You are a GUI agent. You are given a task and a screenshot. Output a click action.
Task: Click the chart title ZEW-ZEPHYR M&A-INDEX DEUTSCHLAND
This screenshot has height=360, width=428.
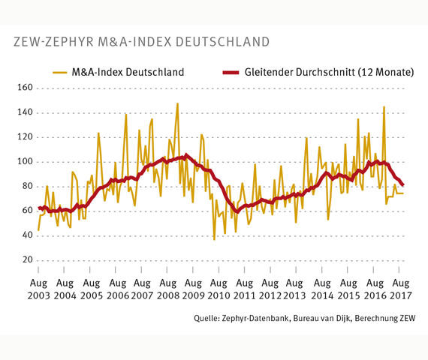pos(142,40)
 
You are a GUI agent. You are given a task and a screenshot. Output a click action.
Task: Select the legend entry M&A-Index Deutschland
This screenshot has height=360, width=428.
pos(126,73)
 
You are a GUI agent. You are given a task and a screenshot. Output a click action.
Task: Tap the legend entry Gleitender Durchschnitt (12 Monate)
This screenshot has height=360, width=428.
pos(329,73)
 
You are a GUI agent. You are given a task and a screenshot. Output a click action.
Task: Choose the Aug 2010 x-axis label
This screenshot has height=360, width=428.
pos(219,291)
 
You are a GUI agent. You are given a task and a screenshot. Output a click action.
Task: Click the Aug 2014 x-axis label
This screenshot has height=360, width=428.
pos(323,291)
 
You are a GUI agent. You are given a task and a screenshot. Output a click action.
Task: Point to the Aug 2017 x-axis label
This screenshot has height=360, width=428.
pos(400,291)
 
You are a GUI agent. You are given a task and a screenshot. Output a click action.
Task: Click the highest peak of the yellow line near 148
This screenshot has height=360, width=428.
pos(177,103)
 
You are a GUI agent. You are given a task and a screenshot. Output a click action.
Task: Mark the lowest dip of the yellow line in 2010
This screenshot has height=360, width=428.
pos(214,239)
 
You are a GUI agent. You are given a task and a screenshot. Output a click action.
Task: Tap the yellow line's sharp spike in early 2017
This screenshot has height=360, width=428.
pos(384,106)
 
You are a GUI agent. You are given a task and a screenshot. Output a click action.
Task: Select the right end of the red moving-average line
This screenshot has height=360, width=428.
pos(403,185)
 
